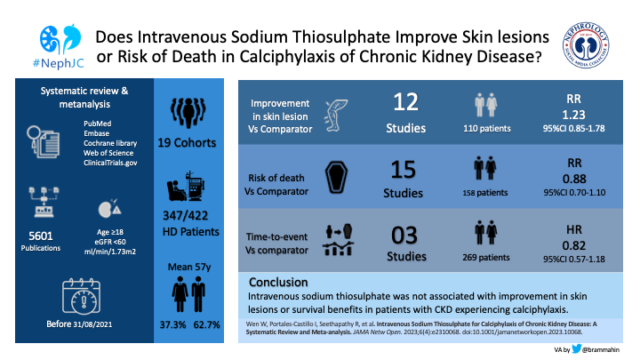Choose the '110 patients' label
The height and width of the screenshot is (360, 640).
tap(489, 130)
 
